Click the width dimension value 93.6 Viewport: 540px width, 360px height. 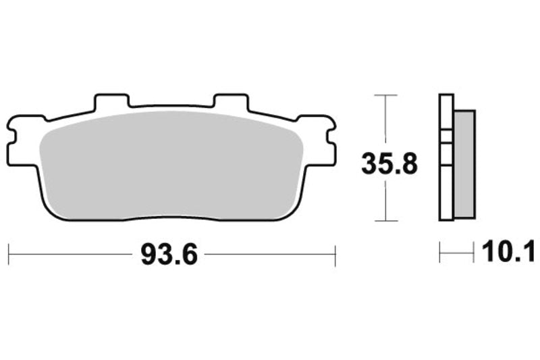tap(170, 255)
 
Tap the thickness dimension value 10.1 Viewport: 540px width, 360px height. tap(508, 253)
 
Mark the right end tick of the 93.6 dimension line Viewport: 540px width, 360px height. tap(335, 255)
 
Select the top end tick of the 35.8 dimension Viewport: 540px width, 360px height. tap(385, 95)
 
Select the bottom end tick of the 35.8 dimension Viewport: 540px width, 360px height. tap(385, 221)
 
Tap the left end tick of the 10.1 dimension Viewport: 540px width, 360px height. tap(440, 254)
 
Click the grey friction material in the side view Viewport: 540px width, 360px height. tap(464, 162)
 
